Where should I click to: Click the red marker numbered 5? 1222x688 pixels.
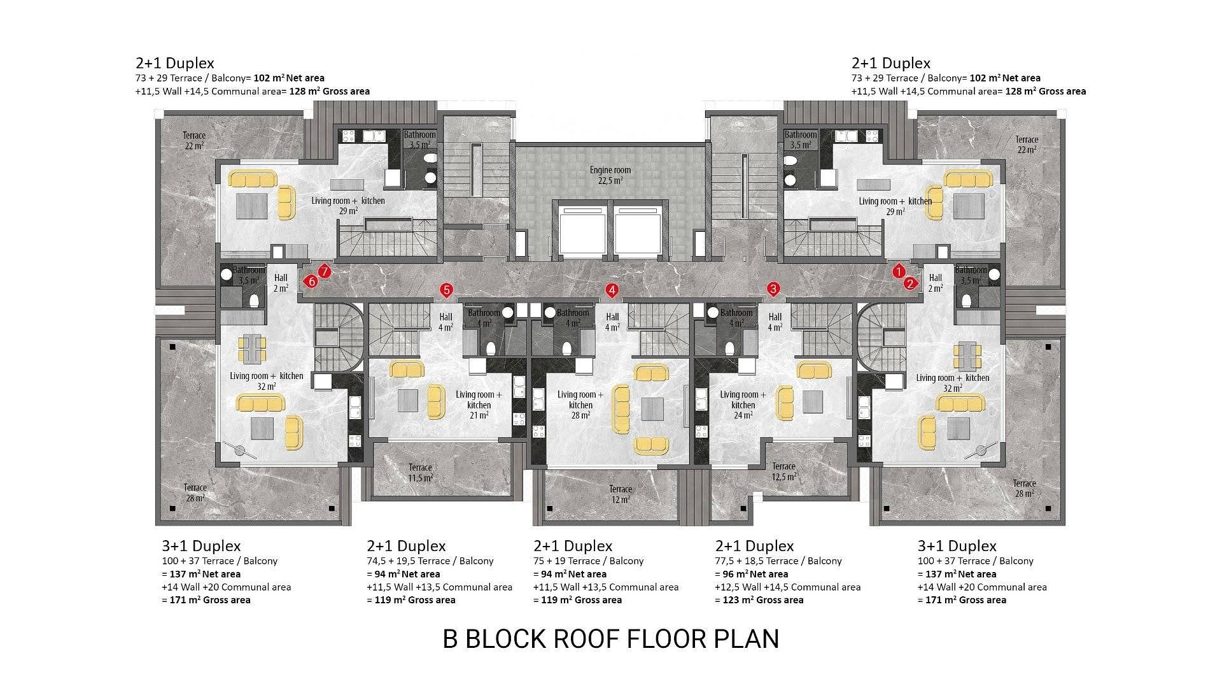[x=446, y=290]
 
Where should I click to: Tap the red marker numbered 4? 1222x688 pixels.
[x=612, y=290]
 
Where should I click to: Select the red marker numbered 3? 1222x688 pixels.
[x=773, y=289]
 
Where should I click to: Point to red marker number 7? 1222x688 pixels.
[x=325, y=272]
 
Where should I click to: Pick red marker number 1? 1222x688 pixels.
[x=899, y=271]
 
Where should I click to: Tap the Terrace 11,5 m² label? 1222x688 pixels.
[x=420, y=472]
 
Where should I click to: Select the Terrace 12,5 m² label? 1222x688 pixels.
[x=783, y=471]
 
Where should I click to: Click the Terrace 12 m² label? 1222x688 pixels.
[x=621, y=494]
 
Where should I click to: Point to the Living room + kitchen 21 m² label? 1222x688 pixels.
[x=479, y=405]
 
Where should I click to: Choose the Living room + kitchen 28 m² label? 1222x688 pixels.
[x=580, y=405]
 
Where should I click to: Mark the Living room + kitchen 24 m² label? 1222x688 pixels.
[x=743, y=405]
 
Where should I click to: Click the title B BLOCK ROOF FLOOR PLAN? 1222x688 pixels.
[x=611, y=639]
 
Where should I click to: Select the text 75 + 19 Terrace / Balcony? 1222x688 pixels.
[x=589, y=561]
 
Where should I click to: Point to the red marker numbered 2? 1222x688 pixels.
[x=911, y=283]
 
